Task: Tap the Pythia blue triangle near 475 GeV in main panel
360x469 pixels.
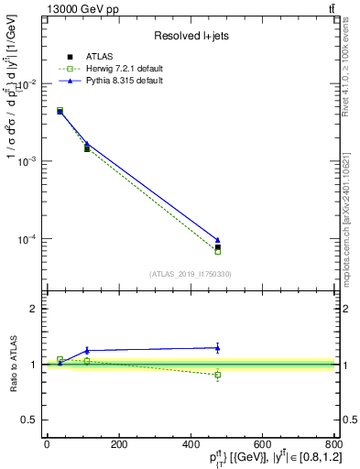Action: (217, 240)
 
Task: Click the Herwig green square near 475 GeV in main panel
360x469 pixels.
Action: (217, 251)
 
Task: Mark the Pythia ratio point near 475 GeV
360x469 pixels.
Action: (217, 347)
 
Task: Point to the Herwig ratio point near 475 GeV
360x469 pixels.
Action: (217, 375)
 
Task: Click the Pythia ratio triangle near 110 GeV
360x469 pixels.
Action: (87, 350)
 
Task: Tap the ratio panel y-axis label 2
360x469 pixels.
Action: (37, 309)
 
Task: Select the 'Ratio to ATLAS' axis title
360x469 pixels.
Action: (14, 365)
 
